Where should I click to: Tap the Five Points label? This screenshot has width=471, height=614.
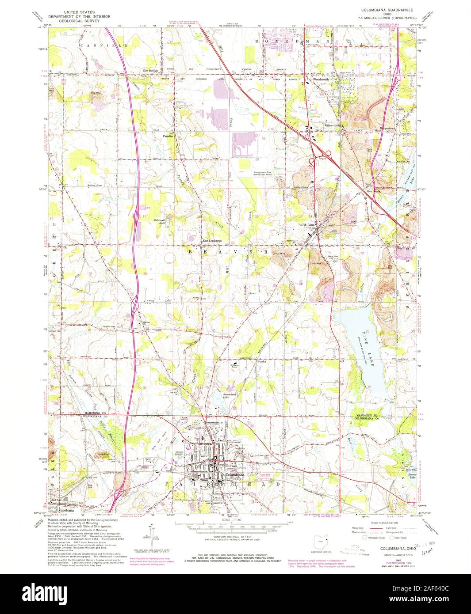(x=373, y=191)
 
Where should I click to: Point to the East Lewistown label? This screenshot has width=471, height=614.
(x=212, y=241)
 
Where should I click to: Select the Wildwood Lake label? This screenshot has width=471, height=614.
(x=160, y=221)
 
